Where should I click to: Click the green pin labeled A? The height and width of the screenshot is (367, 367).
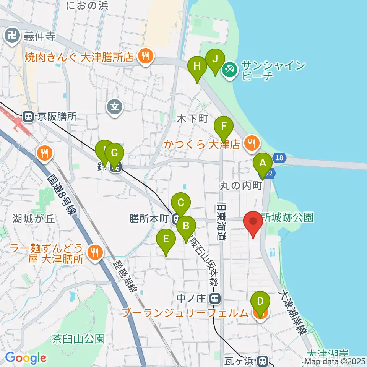coord(263,163)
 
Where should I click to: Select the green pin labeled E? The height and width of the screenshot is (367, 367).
coord(166,239)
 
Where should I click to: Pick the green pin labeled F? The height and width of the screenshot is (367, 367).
coord(224,126)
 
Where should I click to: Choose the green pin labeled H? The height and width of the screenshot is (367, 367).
coord(197,66)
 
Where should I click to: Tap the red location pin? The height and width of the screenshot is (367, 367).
coord(253,222)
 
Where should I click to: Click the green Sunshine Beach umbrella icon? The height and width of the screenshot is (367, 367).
coord(230,69)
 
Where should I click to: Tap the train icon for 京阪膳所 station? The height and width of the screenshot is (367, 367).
coord(28,116)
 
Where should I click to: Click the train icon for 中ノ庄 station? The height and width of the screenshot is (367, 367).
coord(216,297)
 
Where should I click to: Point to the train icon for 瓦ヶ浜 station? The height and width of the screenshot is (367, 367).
coord(262,360)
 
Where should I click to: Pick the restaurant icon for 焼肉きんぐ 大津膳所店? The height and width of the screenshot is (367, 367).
coord(145,57)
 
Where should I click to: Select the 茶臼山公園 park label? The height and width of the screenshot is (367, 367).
coord(78,339)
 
